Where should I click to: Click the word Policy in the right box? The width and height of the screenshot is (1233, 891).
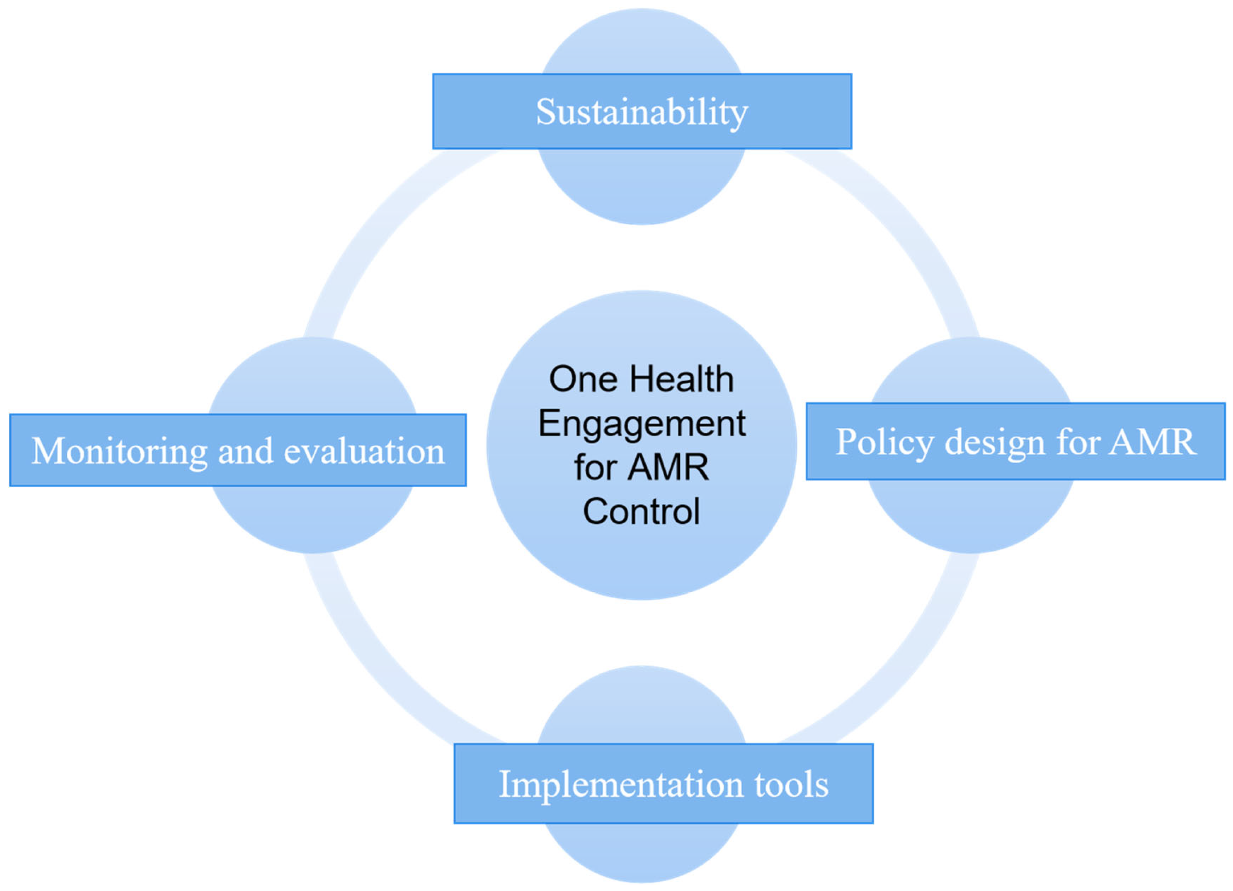(884, 442)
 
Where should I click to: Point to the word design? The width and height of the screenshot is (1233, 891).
(995, 442)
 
